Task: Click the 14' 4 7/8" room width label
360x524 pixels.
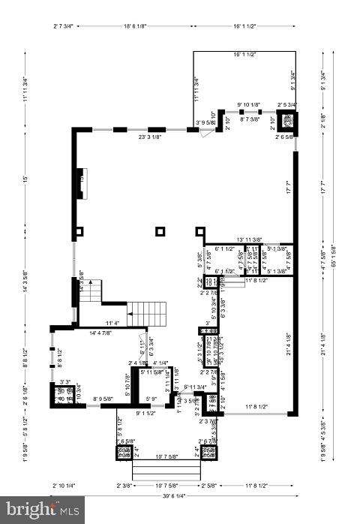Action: (x=104, y=333)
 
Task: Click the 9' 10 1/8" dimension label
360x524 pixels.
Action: (x=248, y=104)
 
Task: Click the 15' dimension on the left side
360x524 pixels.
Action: (x=25, y=179)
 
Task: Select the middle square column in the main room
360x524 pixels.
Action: (x=160, y=231)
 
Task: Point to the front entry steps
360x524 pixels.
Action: (x=166, y=470)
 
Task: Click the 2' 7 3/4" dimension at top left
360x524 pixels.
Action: (x=63, y=26)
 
